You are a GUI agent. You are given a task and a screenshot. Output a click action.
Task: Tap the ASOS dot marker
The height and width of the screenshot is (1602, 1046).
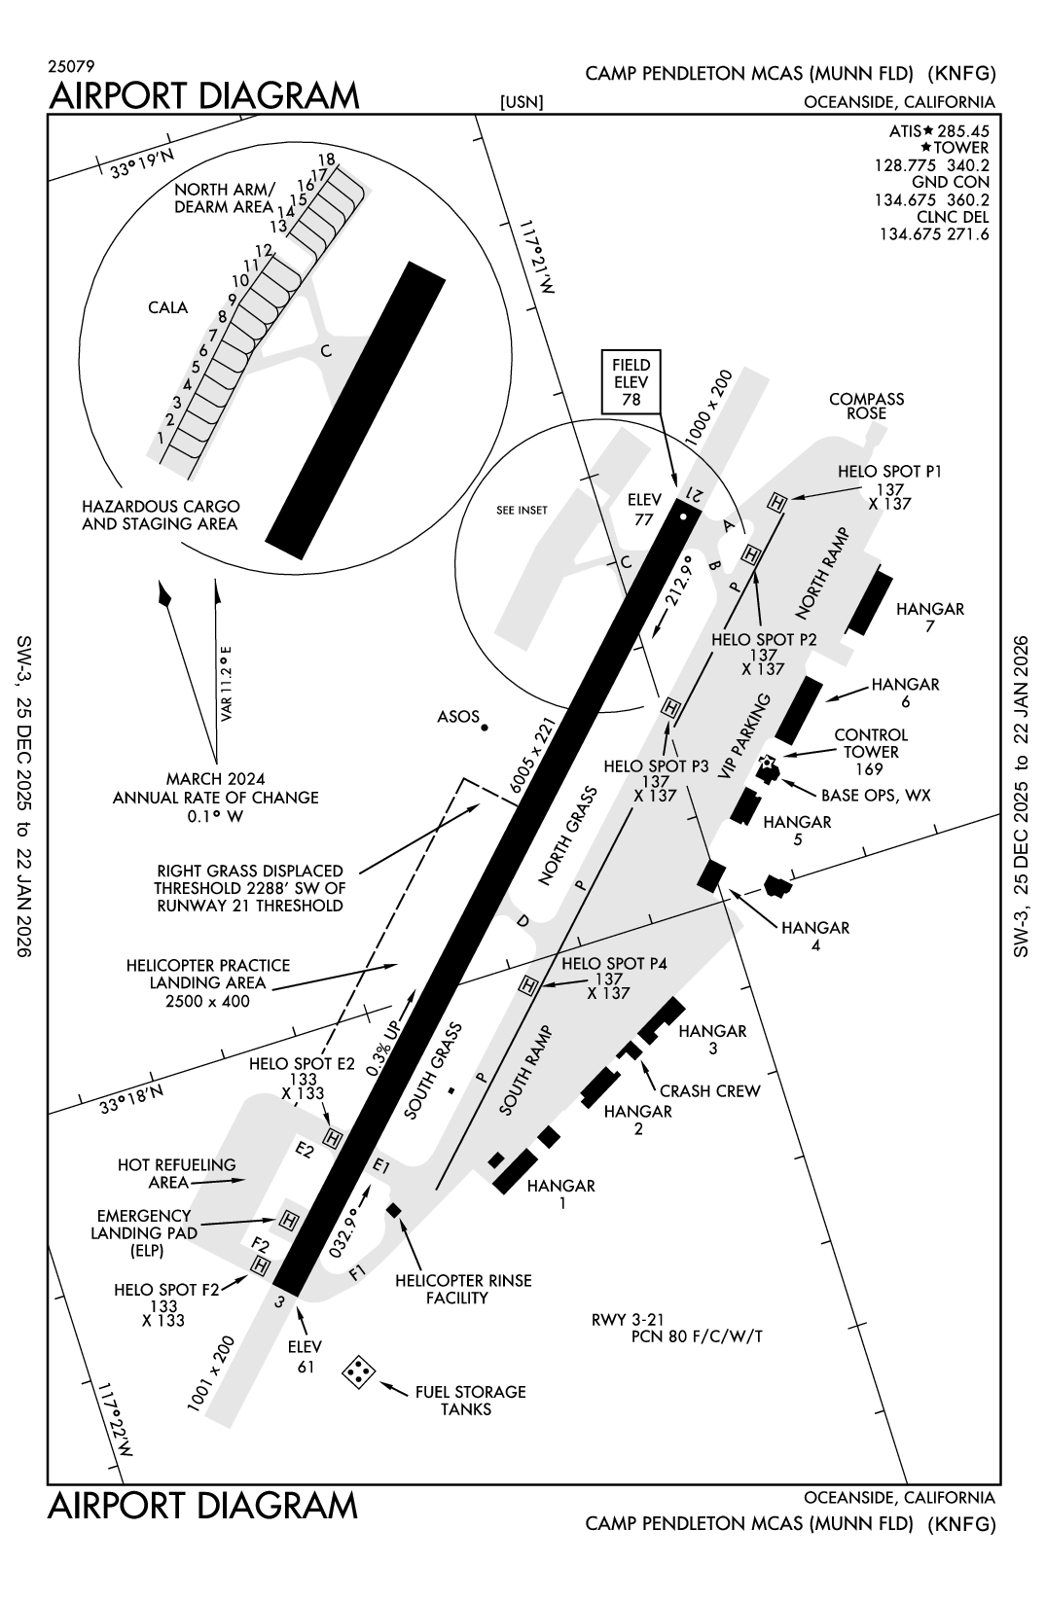tap(485, 727)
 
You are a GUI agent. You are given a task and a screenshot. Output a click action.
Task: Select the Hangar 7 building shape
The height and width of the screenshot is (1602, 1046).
tap(870, 602)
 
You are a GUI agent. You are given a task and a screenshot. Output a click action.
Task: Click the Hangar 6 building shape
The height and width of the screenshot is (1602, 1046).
tap(796, 707)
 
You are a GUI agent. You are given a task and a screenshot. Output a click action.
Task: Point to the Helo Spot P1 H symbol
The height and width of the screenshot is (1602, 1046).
tap(776, 502)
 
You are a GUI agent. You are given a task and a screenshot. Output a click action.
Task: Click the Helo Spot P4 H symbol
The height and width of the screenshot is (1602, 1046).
tap(528, 986)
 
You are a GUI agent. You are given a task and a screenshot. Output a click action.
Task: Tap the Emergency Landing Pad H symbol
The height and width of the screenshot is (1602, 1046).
tap(288, 1219)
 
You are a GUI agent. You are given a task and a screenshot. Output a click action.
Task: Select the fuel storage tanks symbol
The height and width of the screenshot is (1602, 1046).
tap(359, 1371)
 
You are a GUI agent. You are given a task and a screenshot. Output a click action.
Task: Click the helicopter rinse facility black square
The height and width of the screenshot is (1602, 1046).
tap(394, 1209)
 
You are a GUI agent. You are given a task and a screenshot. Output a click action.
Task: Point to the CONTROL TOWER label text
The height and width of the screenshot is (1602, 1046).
tap(871, 743)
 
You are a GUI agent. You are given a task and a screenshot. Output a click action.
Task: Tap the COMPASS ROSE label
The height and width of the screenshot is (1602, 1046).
tap(866, 406)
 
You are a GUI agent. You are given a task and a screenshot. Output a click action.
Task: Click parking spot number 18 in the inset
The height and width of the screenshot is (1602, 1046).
tap(326, 159)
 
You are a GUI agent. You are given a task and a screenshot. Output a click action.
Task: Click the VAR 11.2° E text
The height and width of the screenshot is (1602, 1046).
tap(225, 684)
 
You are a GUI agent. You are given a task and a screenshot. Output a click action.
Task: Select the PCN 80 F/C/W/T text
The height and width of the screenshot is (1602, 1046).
tap(697, 1335)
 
